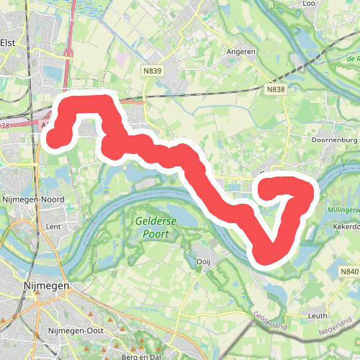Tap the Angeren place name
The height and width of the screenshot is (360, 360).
pyautogui.click(x=240, y=52)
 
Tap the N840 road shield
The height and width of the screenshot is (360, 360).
pyautogui.click(x=348, y=271)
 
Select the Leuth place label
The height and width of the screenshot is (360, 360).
pyautogui.click(x=318, y=315)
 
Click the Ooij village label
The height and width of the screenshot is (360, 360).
pyautogui.click(x=202, y=262)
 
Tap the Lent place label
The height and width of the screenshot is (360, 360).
pyautogui.click(x=53, y=226)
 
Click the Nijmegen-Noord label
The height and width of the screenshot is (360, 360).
pyautogui.click(x=33, y=199)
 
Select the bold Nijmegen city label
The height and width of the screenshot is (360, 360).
pyautogui.click(x=45, y=286)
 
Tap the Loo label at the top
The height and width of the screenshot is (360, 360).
pyautogui.click(x=310, y=4)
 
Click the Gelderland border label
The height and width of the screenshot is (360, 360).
pyautogui.click(x=269, y=321)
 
